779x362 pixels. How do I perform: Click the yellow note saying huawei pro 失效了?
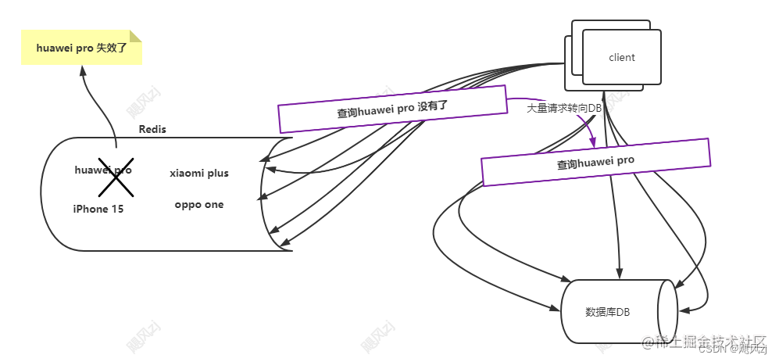(81, 48)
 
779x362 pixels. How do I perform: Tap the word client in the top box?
(622, 57)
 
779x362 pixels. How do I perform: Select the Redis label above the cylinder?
(152, 129)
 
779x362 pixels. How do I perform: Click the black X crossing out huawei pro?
(115, 179)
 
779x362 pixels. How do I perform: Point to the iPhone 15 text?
(98, 209)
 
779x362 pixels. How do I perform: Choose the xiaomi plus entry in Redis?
(199, 173)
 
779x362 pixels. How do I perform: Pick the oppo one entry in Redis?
(199, 205)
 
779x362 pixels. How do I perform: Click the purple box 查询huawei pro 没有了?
(393, 109)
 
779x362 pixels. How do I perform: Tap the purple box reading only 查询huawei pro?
(595, 163)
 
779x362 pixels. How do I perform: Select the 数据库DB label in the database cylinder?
(608, 312)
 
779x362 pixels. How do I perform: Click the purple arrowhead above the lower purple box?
(593, 143)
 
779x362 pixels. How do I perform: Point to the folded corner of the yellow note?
(136, 36)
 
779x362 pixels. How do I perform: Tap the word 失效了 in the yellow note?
(112, 48)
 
